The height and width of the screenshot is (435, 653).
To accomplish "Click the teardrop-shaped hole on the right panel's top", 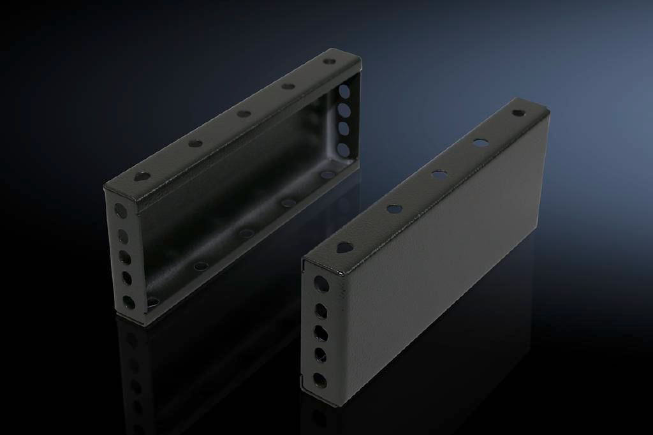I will click(344, 246).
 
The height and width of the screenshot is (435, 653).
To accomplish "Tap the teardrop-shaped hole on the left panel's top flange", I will click(142, 176).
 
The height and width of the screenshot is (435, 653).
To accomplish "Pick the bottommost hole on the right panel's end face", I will click(320, 381).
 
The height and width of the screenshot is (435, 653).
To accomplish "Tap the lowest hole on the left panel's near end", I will click(129, 302).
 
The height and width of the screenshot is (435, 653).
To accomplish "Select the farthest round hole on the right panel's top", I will click(518, 113).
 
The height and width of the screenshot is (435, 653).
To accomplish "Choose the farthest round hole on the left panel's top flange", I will click(329, 62).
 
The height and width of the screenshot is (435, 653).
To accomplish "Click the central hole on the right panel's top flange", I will click(439, 173).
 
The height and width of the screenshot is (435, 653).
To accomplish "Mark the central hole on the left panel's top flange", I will click(244, 114).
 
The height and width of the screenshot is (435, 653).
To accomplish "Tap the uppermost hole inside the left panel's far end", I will click(344, 91).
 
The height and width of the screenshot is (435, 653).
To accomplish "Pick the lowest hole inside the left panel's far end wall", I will click(344, 151).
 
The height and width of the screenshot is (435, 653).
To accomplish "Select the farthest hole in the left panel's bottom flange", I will click(328, 174).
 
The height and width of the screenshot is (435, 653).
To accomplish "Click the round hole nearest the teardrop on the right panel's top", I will click(394, 208).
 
